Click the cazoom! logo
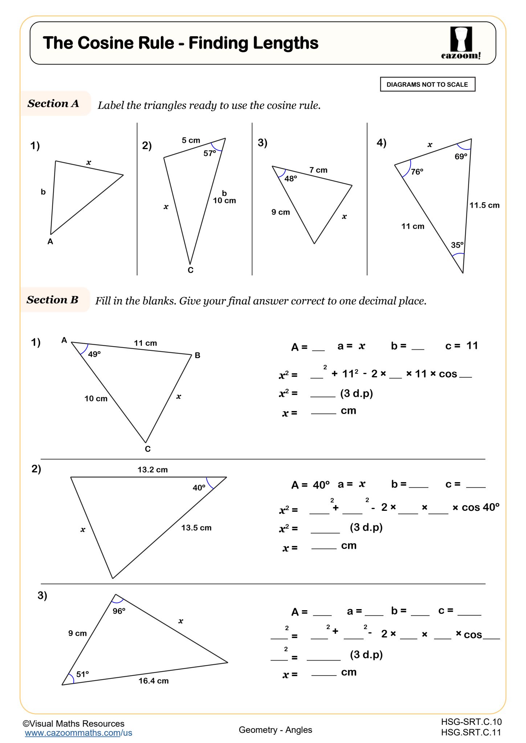coord(461,43)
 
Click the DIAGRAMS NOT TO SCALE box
coord(427,85)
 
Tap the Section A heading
coord(53,104)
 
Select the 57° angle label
coord(209,153)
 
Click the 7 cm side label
coord(318,170)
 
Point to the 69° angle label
coord(461,157)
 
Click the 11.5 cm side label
coord(484,205)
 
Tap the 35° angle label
coord(457,245)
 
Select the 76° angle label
coord(417,172)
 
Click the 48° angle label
coord(290,179)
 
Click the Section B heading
coord(53,300)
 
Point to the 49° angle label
coord(94,354)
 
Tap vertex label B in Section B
coord(197,356)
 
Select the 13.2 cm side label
coord(152,470)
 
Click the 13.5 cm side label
coord(196,528)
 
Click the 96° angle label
coord(119,611)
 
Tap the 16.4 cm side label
coord(154,681)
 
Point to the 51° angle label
coord(82,674)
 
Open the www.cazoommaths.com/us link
coord(78,733)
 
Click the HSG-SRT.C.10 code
coord(471,722)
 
